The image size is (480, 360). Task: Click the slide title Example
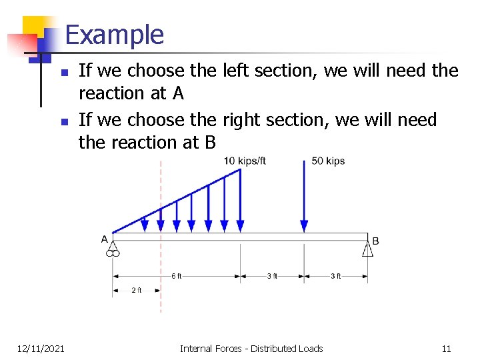click(x=115, y=35)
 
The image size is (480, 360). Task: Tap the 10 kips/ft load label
click(x=245, y=161)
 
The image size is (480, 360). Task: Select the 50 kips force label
click(x=328, y=161)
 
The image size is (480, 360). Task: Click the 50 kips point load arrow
click(x=304, y=200)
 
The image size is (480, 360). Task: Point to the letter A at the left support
click(x=105, y=239)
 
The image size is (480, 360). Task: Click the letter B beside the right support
click(x=375, y=241)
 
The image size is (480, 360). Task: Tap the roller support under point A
click(x=113, y=250)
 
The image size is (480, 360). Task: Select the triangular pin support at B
click(x=367, y=249)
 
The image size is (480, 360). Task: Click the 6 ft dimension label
click(x=176, y=276)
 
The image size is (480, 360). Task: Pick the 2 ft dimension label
click(x=137, y=290)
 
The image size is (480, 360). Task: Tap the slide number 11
click(x=446, y=348)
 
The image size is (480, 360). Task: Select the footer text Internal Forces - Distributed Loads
click(x=251, y=348)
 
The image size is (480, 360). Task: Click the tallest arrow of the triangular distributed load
click(x=240, y=200)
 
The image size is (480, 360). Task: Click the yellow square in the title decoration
click(x=35, y=28)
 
